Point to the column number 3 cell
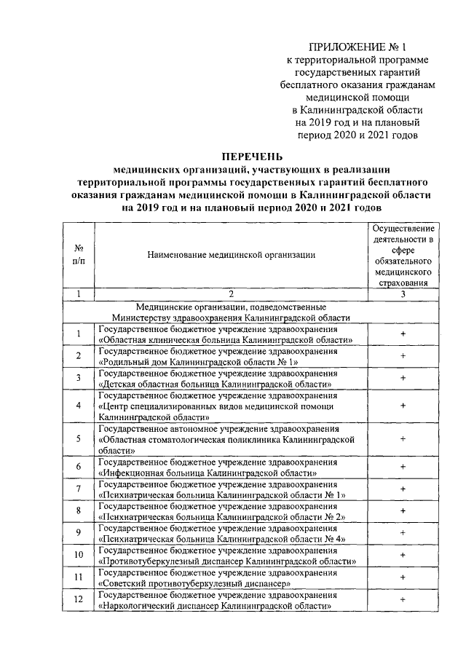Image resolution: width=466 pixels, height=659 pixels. pyautogui.click(x=403, y=294)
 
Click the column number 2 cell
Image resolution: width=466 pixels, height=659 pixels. pyautogui.click(x=230, y=294)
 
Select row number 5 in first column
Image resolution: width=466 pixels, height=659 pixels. pyautogui.click(x=78, y=439)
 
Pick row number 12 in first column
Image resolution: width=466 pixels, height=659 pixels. pyautogui.click(x=78, y=600)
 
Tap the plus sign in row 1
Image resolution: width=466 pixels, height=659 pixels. pyautogui.click(x=403, y=334)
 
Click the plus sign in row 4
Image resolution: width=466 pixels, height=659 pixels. pyautogui.click(x=403, y=404)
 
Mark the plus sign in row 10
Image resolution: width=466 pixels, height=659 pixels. pyautogui.click(x=403, y=555)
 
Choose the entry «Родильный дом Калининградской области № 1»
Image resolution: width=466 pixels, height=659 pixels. pyautogui.click(x=200, y=361)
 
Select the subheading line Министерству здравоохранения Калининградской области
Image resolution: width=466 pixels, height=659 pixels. pyautogui.click(x=230, y=317)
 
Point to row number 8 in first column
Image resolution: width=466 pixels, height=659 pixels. pyautogui.click(x=78, y=510)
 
